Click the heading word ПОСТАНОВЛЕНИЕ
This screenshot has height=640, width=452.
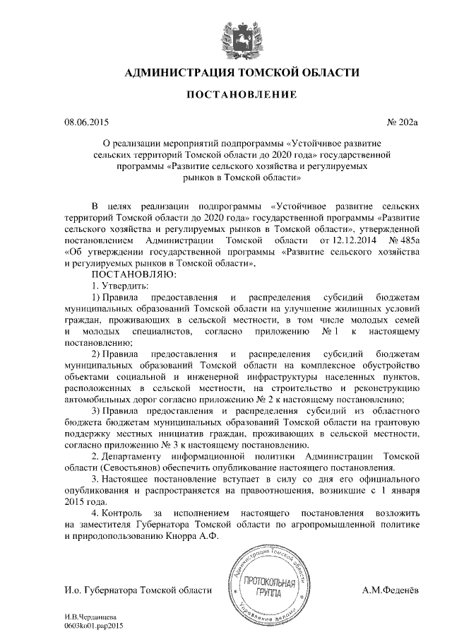[230, 94]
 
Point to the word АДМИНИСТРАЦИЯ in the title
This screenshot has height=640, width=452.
[167, 72]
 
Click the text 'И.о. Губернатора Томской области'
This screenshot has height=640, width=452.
[137, 590]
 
